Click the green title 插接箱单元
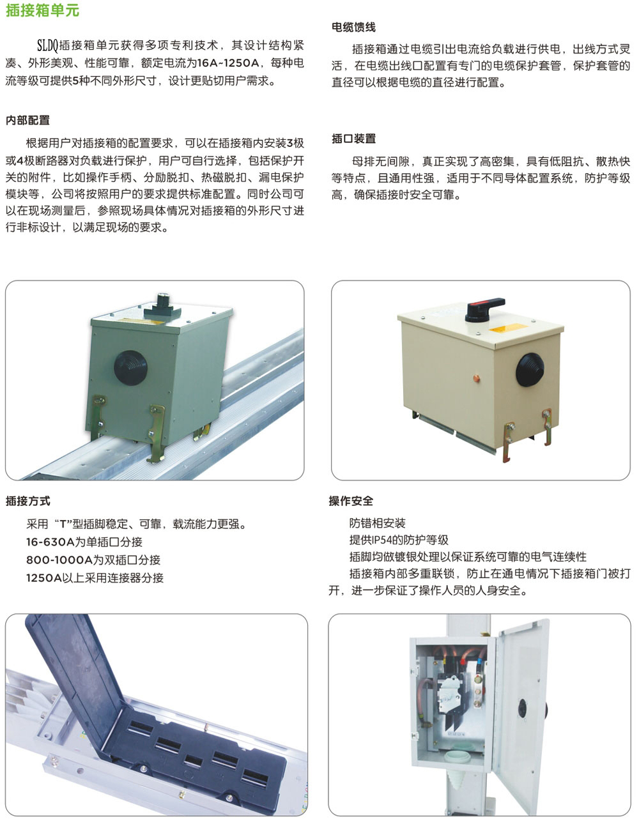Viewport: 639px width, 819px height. click(42, 10)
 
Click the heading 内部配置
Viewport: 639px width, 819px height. click(27, 120)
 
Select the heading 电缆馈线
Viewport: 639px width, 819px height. click(353, 27)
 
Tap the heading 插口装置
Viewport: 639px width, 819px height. click(353, 139)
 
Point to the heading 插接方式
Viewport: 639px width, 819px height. click(28, 501)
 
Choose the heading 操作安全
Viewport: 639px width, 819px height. click(351, 501)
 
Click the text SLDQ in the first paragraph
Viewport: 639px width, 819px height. click(47, 45)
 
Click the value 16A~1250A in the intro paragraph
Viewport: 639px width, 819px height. click(228, 63)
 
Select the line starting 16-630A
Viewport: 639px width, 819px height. click(84, 542)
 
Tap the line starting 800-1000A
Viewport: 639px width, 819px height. click(93, 560)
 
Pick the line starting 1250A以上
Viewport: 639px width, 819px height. click(95, 578)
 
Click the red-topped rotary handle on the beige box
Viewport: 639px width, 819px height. click(485, 309)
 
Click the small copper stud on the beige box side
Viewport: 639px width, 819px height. click(477, 378)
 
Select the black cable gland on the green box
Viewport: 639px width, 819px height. click(130, 368)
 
